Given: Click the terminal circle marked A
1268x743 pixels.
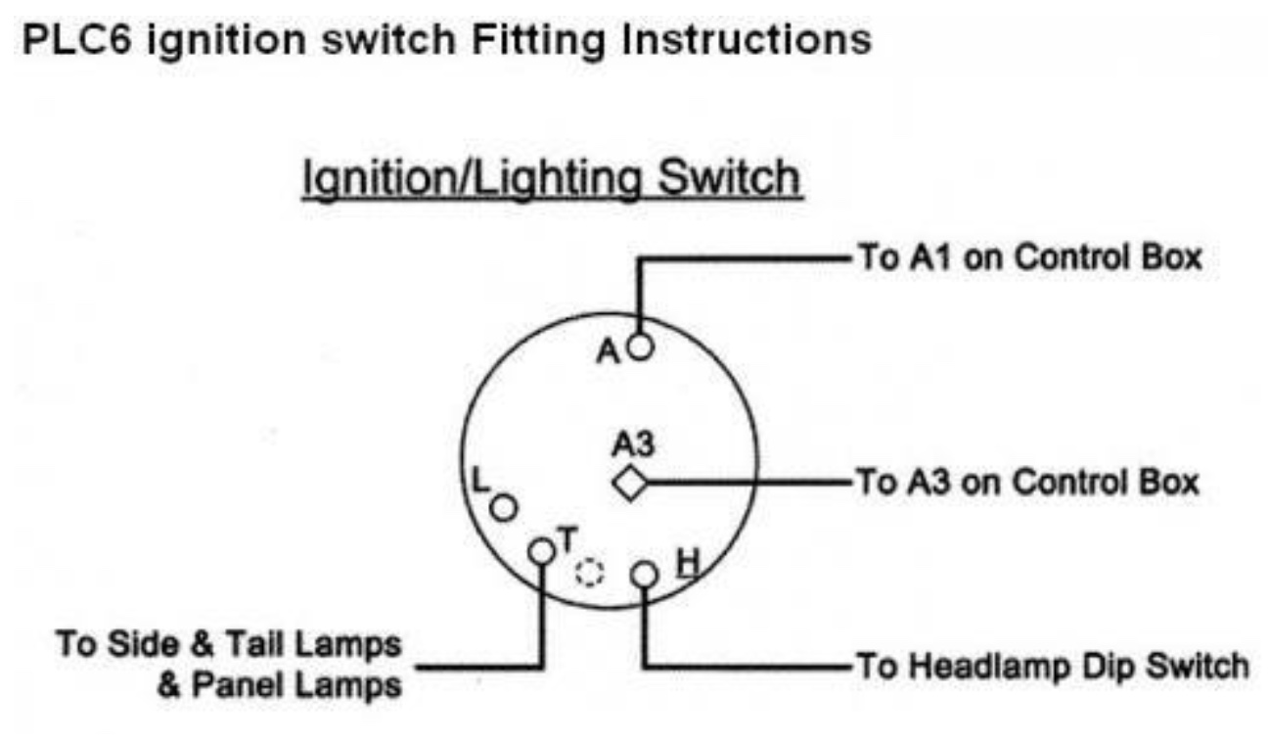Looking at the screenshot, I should (x=640, y=347).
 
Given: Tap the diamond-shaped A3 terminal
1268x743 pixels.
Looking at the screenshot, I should (x=629, y=483).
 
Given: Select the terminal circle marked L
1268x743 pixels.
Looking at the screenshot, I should (x=504, y=508).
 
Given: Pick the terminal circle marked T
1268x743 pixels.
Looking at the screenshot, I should (x=541, y=551).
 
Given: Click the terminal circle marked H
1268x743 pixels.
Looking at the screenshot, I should (x=644, y=574).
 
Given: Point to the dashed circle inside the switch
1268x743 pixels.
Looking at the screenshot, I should (x=590, y=573).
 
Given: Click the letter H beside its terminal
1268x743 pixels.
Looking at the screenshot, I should (x=689, y=563).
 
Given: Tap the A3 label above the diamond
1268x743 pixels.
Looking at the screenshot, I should (x=634, y=445).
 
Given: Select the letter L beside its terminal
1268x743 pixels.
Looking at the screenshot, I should (x=479, y=480).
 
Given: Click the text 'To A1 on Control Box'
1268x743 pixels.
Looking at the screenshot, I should (x=1029, y=258).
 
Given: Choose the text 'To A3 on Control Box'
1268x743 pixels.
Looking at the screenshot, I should (x=1027, y=482).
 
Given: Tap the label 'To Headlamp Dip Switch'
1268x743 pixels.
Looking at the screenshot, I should (x=1053, y=667).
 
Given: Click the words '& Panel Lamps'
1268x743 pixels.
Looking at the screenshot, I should (x=280, y=685).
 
